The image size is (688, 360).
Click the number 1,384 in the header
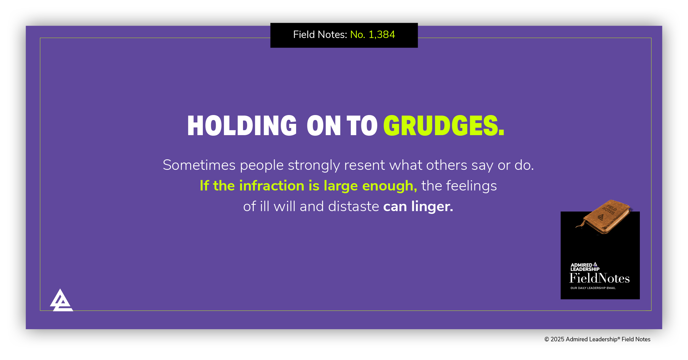(382, 35)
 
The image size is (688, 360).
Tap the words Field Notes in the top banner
(320, 35)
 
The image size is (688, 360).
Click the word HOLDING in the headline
(242, 126)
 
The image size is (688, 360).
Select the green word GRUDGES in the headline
(443, 126)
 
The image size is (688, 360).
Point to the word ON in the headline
(324, 126)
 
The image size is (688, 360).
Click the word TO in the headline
(362, 126)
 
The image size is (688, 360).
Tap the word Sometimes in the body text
(199, 165)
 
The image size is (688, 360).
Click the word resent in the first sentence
(364, 165)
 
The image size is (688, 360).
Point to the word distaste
(354, 206)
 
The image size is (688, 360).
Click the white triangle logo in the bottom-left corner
(61, 301)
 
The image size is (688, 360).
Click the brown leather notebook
(605, 217)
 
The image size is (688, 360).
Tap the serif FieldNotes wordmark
(599, 279)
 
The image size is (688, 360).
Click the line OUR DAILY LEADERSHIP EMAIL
(593, 288)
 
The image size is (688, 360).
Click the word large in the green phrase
(340, 186)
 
